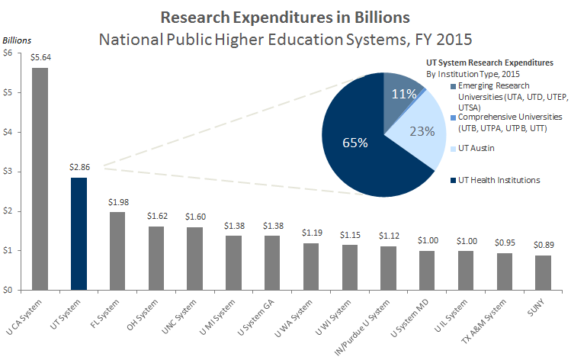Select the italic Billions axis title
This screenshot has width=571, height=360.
[19, 39]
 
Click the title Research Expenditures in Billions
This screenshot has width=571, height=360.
[284, 16]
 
